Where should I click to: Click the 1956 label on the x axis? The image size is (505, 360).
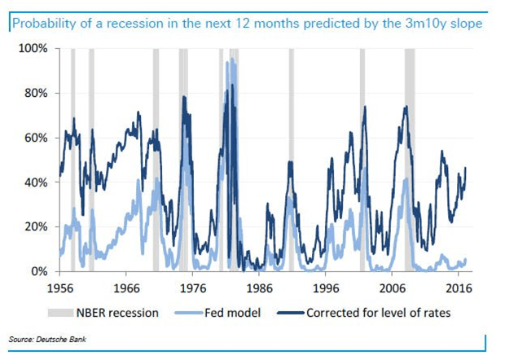[x=59, y=288]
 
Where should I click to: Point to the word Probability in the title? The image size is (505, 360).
[x=41, y=25]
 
